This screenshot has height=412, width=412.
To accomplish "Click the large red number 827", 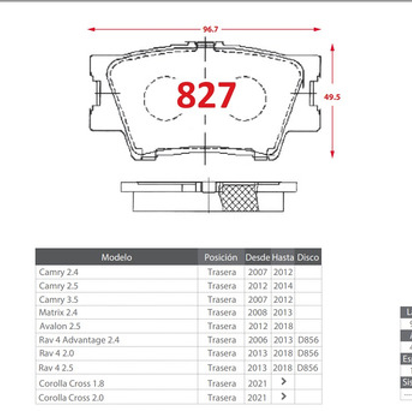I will (x=206, y=95).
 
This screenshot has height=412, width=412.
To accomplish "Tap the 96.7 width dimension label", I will (x=210, y=29).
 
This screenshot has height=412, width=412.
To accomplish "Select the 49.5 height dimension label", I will (x=332, y=97).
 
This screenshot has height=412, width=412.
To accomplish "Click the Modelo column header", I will (x=116, y=257).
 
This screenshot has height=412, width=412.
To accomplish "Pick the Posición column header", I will (x=221, y=257).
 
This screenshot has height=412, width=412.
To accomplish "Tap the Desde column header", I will (x=257, y=257).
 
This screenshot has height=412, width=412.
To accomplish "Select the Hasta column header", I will (x=283, y=257).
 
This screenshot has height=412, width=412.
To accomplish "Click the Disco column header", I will (x=308, y=257).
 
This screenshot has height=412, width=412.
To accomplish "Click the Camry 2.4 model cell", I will (x=59, y=272).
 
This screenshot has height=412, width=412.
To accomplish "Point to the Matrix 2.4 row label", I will (x=58, y=312).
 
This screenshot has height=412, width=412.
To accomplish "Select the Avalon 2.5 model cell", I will (x=60, y=326).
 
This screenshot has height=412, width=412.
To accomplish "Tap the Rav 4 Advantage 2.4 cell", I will (x=79, y=340).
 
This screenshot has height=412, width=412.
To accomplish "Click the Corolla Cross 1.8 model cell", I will (x=71, y=383).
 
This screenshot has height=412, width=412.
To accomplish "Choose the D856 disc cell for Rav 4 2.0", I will (x=308, y=353).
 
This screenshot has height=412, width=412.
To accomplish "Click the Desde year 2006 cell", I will (x=258, y=340).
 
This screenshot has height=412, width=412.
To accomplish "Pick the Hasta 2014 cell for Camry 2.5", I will (x=283, y=286).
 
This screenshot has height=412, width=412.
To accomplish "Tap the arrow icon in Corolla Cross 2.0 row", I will (x=284, y=396).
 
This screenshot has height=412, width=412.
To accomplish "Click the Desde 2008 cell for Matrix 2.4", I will (x=258, y=312).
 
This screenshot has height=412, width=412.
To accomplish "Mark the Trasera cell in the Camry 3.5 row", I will (x=222, y=300).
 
